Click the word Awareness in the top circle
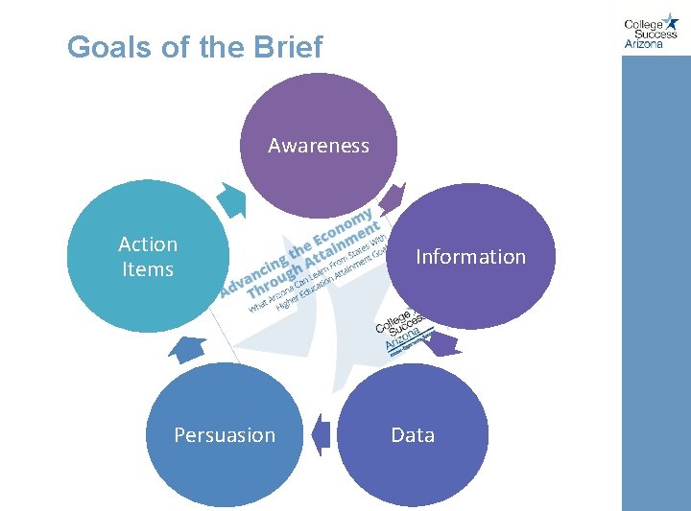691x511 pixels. (318, 146)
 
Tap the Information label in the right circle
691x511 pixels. (470, 257)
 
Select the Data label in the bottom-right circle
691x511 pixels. (413, 435)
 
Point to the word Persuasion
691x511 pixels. (225, 435)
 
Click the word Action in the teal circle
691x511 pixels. (148, 244)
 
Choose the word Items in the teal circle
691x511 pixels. (148, 269)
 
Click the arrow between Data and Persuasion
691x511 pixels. (321, 434)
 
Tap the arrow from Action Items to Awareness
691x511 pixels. (231, 199)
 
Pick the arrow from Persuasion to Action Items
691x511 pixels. (188, 348)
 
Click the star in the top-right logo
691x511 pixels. (670, 21)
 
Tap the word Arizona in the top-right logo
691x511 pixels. (644, 43)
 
